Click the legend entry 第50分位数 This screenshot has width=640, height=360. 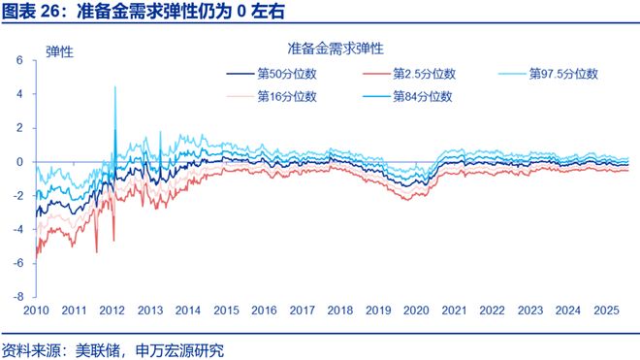coord(285,74)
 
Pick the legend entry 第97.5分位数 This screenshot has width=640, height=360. coord(563,74)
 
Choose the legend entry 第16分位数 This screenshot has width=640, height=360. coord(285,96)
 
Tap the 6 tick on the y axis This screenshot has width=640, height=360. coord(19,60)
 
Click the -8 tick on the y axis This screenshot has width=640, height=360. coord(17,297)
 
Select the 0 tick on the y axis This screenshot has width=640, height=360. coord(19,162)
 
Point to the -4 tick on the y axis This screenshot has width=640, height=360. coord(17,230)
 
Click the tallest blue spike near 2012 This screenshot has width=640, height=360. coord(115,87)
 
